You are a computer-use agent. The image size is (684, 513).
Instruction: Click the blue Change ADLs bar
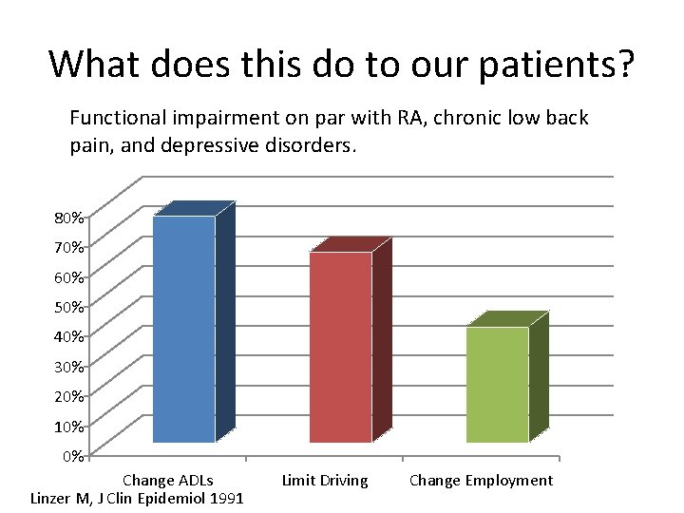(x=184, y=329)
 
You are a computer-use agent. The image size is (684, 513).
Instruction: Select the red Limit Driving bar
(x=341, y=347)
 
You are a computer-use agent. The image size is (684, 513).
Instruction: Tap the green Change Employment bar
(x=497, y=384)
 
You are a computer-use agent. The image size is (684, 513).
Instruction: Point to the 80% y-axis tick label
(x=67, y=218)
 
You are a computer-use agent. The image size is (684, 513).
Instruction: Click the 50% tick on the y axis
(x=67, y=307)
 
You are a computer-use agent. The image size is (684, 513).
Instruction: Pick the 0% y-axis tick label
(x=71, y=455)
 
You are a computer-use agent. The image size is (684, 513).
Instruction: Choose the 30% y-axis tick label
(x=67, y=366)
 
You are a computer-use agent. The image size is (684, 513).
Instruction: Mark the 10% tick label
(x=67, y=425)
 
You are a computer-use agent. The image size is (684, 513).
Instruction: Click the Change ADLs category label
(x=168, y=480)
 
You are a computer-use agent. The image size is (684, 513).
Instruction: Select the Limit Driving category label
(x=325, y=480)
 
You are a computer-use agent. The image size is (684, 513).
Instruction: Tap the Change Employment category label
(x=481, y=480)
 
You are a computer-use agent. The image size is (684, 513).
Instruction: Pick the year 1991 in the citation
(x=225, y=498)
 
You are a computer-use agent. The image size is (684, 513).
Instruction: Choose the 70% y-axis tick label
(x=67, y=247)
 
